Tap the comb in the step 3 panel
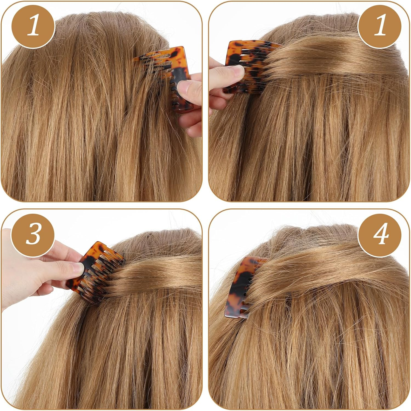[x=95, y=271]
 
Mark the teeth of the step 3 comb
[x=107, y=277]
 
